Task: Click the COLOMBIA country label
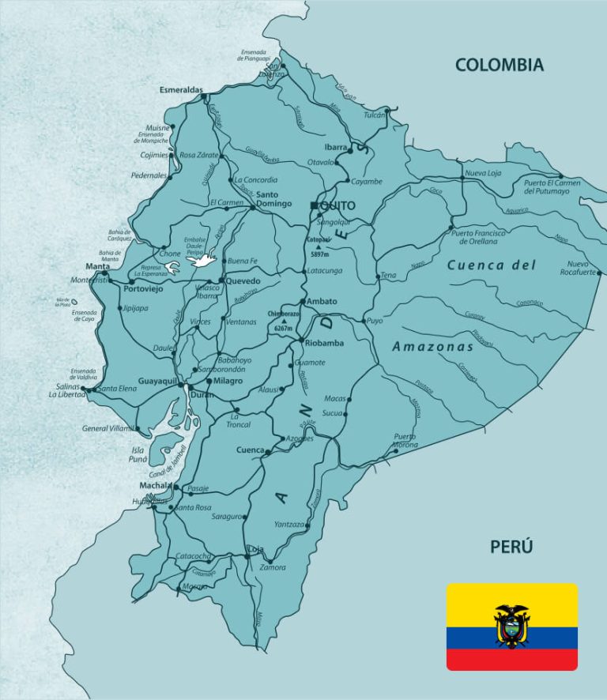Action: pos(500,65)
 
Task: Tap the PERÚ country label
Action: pos(511,546)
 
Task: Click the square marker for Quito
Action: pos(314,205)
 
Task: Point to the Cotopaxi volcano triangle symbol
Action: pos(319,247)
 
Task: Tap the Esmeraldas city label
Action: pos(182,89)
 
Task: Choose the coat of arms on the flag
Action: pos(511,626)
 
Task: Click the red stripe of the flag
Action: pos(511,659)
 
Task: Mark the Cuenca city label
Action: pos(250,450)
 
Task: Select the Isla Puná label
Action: pos(138,453)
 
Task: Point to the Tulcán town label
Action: pos(374,115)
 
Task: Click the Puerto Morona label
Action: pos(405,441)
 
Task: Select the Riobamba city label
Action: pos(322,343)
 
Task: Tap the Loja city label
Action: pos(255,548)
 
